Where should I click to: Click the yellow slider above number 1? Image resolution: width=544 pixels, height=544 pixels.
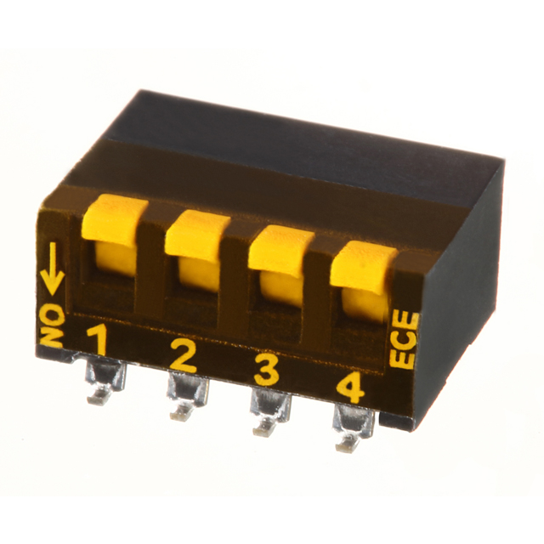(x=115, y=235)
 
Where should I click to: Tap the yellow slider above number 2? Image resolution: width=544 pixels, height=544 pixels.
(x=197, y=249)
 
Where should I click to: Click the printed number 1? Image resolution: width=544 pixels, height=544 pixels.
(x=99, y=340)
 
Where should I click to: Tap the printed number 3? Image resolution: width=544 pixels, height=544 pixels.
(x=266, y=370)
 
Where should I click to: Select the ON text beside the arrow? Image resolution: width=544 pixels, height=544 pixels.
(x=53, y=326)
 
